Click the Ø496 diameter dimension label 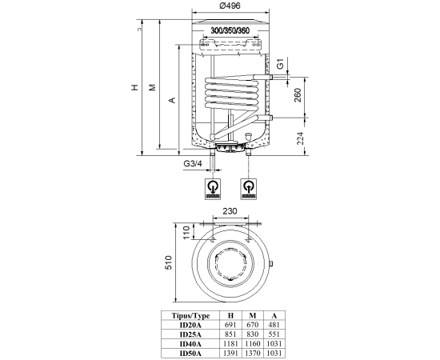(x=230, y=6)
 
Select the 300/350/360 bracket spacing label (x=230, y=30)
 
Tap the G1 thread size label (x=280, y=64)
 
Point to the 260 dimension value (x=298, y=95)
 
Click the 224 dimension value (x=300, y=138)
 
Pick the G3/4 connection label (x=193, y=163)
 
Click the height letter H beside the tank (x=135, y=87)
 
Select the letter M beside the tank (x=152, y=87)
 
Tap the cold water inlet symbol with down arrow (x=213, y=189)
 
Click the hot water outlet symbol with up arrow (x=248, y=189)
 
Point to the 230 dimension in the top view (x=230, y=211)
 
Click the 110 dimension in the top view (x=186, y=232)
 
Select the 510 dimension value (x=168, y=262)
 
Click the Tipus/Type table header (x=190, y=316)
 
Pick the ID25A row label (x=190, y=334)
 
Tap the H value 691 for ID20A (x=230, y=325)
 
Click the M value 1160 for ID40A (x=253, y=344)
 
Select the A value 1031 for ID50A (x=274, y=354)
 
